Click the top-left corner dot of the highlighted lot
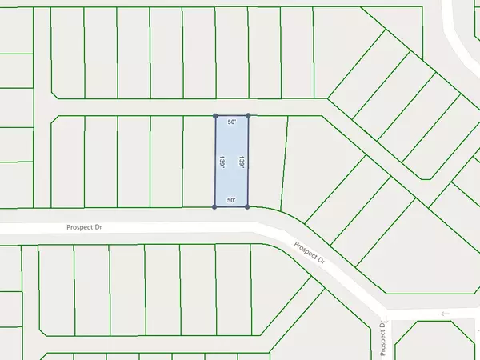click(215, 116)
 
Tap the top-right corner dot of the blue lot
click(248, 116)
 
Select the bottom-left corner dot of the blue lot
click(214, 207)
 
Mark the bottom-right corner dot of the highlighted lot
click(247, 207)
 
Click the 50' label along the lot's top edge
click(232, 122)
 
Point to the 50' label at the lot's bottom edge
click(232, 201)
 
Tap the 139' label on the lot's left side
click(221, 162)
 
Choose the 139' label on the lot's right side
click(242, 162)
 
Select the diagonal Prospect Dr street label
click(311, 254)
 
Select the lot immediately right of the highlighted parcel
click(266, 160)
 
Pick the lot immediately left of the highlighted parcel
click(199, 160)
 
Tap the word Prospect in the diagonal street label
click(306, 249)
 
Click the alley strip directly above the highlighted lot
click(232, 108)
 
